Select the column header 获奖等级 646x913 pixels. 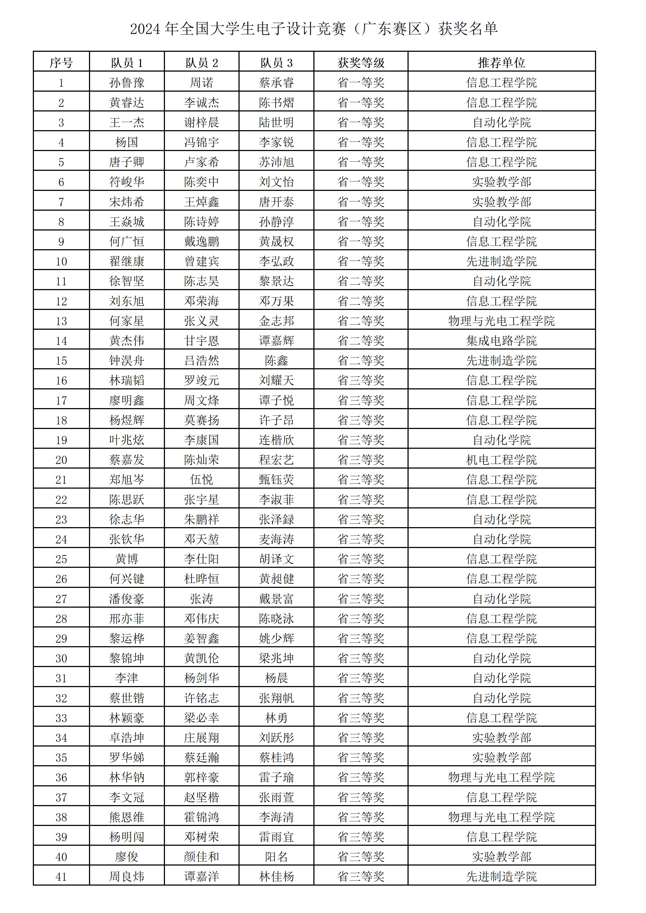coord(361,62)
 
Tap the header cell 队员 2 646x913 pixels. coord(202,62)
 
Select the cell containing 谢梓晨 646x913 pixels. coord(202,123)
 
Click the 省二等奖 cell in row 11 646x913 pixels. coord(361,281)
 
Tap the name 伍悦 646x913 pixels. coord(202,480)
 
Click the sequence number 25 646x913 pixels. coord(61,559)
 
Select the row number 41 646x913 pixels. coord(61,876)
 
